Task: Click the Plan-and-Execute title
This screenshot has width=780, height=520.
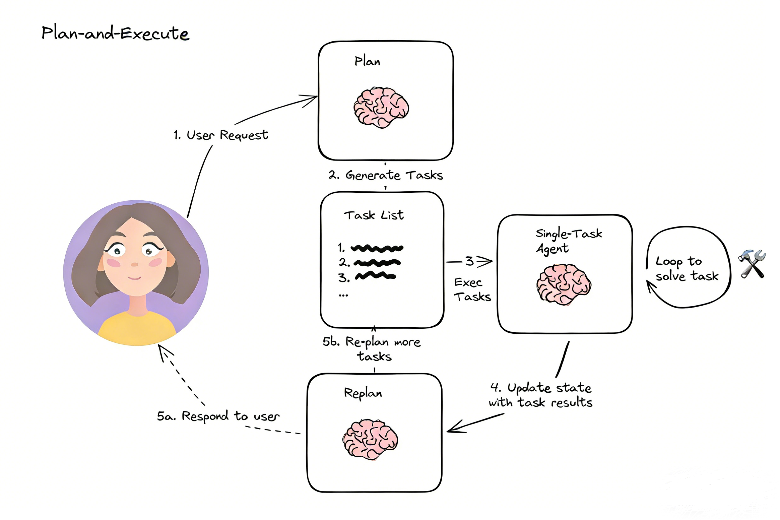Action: coord(115,33)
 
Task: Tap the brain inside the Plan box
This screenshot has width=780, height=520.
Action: coord(381,107)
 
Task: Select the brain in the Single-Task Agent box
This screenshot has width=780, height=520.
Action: coord(564,284)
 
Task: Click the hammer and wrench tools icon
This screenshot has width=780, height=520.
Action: coord(752,264)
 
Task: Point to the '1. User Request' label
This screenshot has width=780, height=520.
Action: coord(221,135)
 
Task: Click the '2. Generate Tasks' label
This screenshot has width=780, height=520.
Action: coord(385,175)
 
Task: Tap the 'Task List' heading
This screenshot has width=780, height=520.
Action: coord(374,216)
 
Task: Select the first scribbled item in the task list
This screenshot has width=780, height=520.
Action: coord(377,248)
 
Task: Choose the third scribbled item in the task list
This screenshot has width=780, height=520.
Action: coord(375,276)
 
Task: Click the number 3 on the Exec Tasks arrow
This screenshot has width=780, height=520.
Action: coord(469,261)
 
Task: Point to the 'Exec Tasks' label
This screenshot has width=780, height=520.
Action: coord(471,290)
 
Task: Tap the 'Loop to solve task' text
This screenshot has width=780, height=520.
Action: coord(686,269)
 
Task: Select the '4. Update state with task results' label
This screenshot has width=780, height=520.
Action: coord(541,395)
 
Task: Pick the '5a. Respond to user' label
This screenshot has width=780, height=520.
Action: coord(218,416)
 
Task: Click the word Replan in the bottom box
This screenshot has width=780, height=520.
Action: coord(363,393)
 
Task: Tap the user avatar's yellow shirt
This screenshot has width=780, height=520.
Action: coord(137,328)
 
